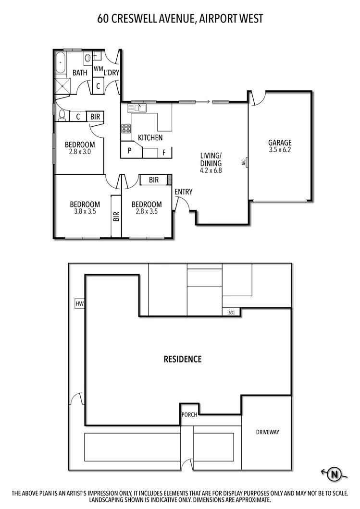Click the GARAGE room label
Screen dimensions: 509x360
280,143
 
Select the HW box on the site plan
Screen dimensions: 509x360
79,303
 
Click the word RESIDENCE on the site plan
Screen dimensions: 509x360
183,359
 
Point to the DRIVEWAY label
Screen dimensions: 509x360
267,432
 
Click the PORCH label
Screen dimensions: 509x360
189,415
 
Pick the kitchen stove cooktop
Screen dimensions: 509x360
126,128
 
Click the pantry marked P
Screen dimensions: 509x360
130,150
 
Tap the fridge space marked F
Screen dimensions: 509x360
164,153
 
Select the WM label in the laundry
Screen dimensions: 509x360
98,69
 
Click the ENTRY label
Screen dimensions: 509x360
183,192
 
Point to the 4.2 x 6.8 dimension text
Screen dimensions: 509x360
211,170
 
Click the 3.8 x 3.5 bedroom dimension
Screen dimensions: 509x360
85,211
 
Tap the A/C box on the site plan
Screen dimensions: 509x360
231,313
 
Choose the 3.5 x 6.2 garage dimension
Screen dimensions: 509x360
280,150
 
